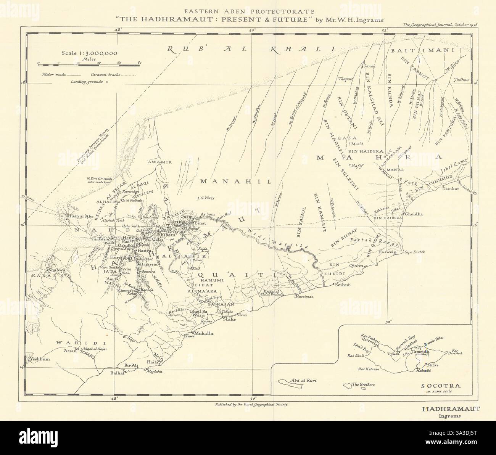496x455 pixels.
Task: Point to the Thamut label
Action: click(x=344, y=79)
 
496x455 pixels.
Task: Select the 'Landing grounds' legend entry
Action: click(x=86, y=82)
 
